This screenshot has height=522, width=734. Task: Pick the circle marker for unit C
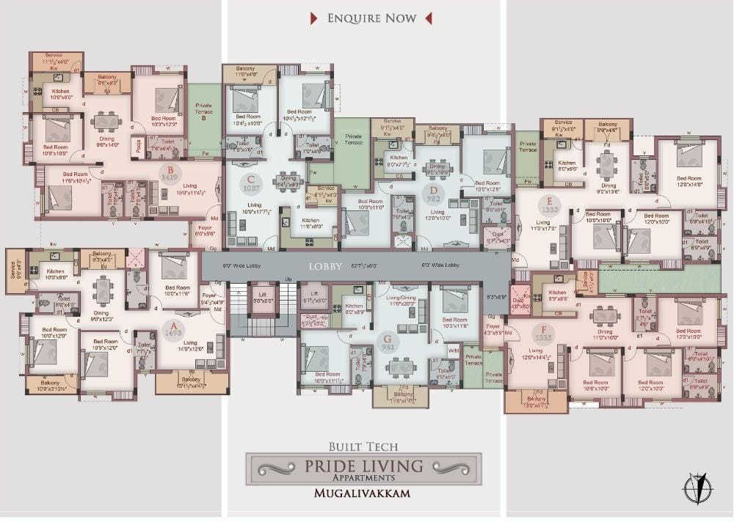pyautogui.click(x=251, y=184)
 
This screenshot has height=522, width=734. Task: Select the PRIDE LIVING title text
pyautogui.click(x=364, y=465)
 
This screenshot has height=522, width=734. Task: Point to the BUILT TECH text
pyautogui.click(x=363, y=445)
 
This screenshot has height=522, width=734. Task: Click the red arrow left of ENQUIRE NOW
pyautogui.click(x=313, y=18)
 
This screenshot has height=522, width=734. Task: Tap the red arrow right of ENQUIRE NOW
pyautogui.click(x=429, y=18)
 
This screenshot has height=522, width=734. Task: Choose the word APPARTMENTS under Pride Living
pyautogui.click(x=363, y=478)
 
